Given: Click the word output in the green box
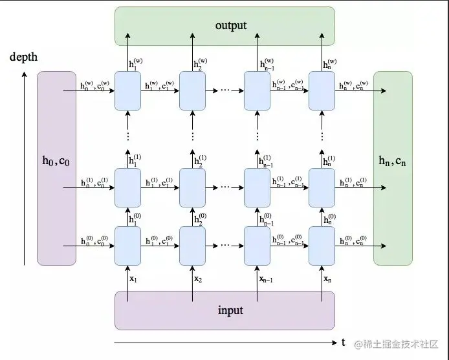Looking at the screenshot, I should click(x=230, y=25).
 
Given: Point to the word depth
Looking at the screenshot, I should click(x=24, y=57).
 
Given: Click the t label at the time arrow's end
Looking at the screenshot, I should click(x=343, y=342).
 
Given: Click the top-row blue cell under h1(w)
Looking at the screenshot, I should click(x=127, y=90).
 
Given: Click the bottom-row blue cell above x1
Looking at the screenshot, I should click(x=127, y=246).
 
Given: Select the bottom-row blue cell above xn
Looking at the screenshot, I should click(x=322, y=246).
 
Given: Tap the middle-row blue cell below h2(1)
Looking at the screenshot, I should click(x=192, y=187).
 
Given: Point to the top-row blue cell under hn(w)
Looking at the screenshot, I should click(x=322, y=90).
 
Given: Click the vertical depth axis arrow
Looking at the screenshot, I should click(x=25, y=168).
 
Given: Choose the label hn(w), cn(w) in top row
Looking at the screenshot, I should click(x=353, y=84).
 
